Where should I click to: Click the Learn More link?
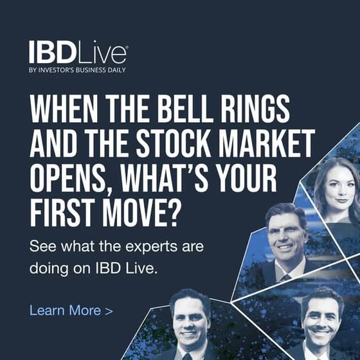pos(71,310)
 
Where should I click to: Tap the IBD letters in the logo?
pos(53,52)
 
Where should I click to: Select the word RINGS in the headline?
pos(255,109)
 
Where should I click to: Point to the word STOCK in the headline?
pos(174,143)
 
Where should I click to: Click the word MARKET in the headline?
pos(267,143)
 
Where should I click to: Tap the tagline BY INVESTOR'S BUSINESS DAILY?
pos(77,70)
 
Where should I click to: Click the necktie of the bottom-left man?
pos(187,357)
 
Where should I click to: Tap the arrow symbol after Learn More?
pos(109,311)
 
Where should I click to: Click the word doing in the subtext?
pos(49,269)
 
